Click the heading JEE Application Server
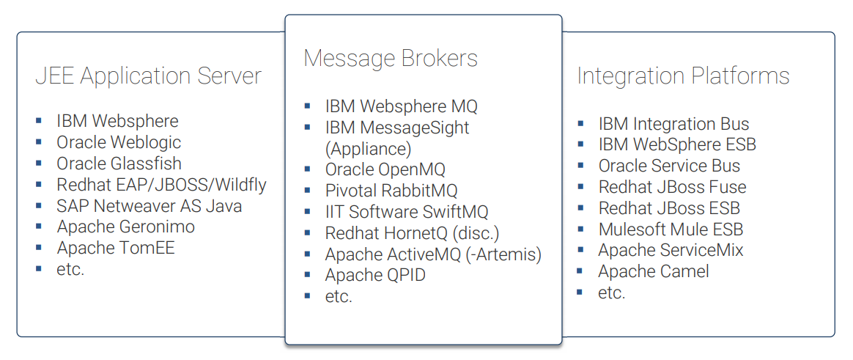148,76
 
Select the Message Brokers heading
391,59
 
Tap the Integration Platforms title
683,76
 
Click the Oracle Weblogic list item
119,142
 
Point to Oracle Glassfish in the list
119,164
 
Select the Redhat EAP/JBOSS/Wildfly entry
161,185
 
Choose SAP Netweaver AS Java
149,206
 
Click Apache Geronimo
125,227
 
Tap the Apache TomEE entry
116,248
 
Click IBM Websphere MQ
401,106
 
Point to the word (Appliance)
368,149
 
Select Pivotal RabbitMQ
391,191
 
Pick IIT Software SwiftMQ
407,212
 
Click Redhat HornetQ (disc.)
411,233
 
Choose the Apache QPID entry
375,276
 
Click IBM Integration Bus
673,124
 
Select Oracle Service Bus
669,166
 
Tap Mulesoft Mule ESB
671,229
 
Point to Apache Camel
654,271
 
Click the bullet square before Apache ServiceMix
580,250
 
